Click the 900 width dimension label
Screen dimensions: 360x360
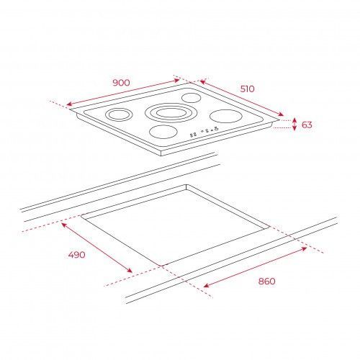pyautogui.click(x=121, y=83)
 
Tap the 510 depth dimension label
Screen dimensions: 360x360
pyautogui.click(x=247, y=89)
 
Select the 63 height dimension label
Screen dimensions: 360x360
pyautogui.click(x=307, y=125)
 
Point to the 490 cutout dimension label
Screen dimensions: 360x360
pyautogui.click(x=76, y=255)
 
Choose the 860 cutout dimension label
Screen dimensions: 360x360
pyautogui.click(x=266, y=281)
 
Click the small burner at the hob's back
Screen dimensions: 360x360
pyautogui.click(x=191, y=98)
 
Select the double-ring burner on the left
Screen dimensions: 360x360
pyautogui.click(x=119, y=114)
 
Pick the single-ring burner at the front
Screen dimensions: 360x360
pyautogui.click(x=163, y=132)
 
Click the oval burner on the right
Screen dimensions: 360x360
pyautogui.click(x=225, y=116)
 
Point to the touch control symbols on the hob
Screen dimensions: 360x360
pyautogui.click(x=204, y=131)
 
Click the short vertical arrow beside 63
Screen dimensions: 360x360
pyautogui.click(x=294, y=125)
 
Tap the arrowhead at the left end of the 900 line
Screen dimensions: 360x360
pyautogui.click(x=67, y=104)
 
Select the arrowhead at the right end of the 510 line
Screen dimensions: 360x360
pyautogui.click(x=283, y=115)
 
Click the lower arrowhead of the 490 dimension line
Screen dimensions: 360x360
pyautogui.click(x=132, y=272)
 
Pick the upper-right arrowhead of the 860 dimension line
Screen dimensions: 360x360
pyautogui.click(x=307, y=248)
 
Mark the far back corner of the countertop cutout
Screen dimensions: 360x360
pyautogui.click(x=186, y=184)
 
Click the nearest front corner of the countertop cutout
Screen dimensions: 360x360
pyautogui.click(x=161, y=266)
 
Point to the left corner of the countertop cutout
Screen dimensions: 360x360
pyautogui.click(x=81, y=215)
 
